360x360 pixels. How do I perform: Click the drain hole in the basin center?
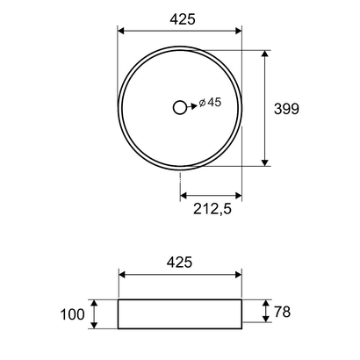tap(180, 107)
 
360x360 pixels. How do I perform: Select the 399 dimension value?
tap(286, 109)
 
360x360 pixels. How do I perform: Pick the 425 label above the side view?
tap(179, 262)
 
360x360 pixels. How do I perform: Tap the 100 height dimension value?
tap(74, 313)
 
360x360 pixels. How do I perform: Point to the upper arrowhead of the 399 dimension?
tap(265, 54)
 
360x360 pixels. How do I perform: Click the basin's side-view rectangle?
tap(180, 313)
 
